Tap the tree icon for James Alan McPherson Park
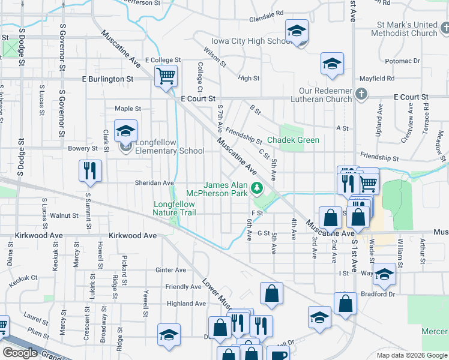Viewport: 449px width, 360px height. pos(258,188)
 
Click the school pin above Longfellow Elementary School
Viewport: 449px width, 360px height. pos(125,131)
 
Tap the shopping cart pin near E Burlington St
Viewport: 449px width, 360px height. pos(166,76)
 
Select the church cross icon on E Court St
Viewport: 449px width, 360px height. pos(361,94)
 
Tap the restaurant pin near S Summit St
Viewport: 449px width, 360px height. pos(90,170)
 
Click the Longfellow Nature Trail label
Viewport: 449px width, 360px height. pos(174,208)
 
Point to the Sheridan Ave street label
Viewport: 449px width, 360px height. pos(154,183)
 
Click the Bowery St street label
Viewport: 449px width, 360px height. pos(83,148)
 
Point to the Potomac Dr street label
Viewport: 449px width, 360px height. pos(402,61)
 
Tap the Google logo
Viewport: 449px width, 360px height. pos(20,353)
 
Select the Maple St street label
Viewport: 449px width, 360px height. pos(127,109)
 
